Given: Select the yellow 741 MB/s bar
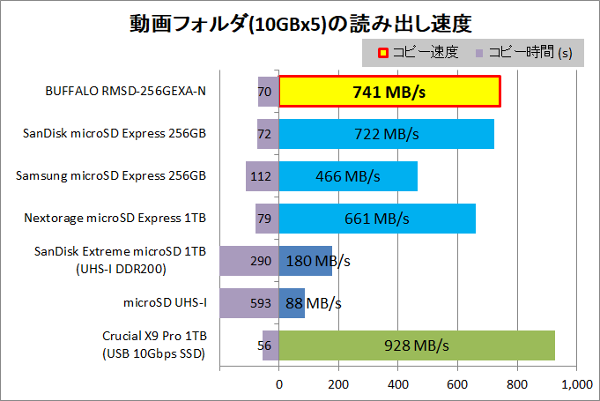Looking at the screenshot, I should pyautogui.click(x=390, y=92).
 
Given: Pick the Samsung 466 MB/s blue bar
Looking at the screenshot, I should pyautogui.click(x=348, y=176).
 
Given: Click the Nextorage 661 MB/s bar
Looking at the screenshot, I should pyautogui.click(x=377, y=218).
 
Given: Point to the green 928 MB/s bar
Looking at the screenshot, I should pyautogui.click(x=417, y=345).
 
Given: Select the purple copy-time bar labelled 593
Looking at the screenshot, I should pyautogui.click(x=248, y=303).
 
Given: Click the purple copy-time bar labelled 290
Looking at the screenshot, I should pyautogui.click(x=248, y=261).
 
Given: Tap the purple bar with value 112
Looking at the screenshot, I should pyautogui.click(x=262, y=176).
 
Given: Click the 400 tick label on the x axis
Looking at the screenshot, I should pyautogui.click(x=398, y=384).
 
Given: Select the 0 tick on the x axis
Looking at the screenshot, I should pyautogui.click(x=279, y=384).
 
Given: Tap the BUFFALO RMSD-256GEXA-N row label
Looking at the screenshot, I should pyautogui.click(x=125, y=91).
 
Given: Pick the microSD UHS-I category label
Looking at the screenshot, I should pyautogui.click(x=166, y=303).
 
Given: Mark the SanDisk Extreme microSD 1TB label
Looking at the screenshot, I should pyautogui.click(x=120, y=254).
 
